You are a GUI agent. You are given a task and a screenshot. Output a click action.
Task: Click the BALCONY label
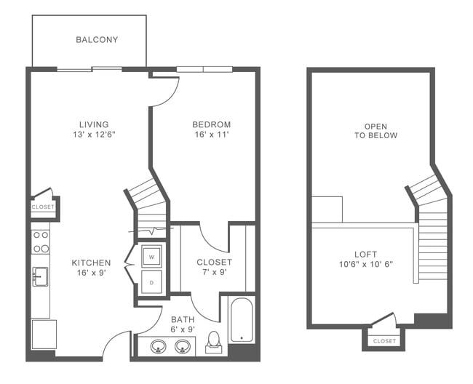(x=97, y=39)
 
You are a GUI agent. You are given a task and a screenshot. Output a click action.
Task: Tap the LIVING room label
(x=95, y=124)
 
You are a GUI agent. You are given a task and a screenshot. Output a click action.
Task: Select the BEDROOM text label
(x=212, y=124)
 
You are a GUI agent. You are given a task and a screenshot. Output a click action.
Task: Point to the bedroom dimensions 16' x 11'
(x=212, y=135)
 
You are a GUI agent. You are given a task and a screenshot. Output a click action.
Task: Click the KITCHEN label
(x=91, y=263)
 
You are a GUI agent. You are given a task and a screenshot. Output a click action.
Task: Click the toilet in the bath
(x=214, y=341)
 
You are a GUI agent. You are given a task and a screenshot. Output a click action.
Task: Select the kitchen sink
(x=40, y=276)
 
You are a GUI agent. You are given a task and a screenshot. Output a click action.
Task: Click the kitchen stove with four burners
(x=41, y=241)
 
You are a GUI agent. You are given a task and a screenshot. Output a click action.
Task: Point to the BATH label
(x=183, y=319)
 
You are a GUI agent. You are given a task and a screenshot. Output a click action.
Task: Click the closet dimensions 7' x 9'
(x=214, y=273)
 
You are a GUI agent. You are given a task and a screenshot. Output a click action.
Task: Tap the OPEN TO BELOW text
(x=375, y=129)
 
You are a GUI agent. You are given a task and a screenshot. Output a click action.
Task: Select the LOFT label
(x=365, y=254)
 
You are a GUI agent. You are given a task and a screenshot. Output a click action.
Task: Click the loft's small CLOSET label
(x=384, y=340)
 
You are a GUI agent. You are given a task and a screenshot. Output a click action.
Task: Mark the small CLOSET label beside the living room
(x=42, y=207)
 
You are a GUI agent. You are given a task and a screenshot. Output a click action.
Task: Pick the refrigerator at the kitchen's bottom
(x=41, y=335)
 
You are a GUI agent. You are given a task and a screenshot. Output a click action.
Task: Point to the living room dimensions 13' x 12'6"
(x=95, y=135)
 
